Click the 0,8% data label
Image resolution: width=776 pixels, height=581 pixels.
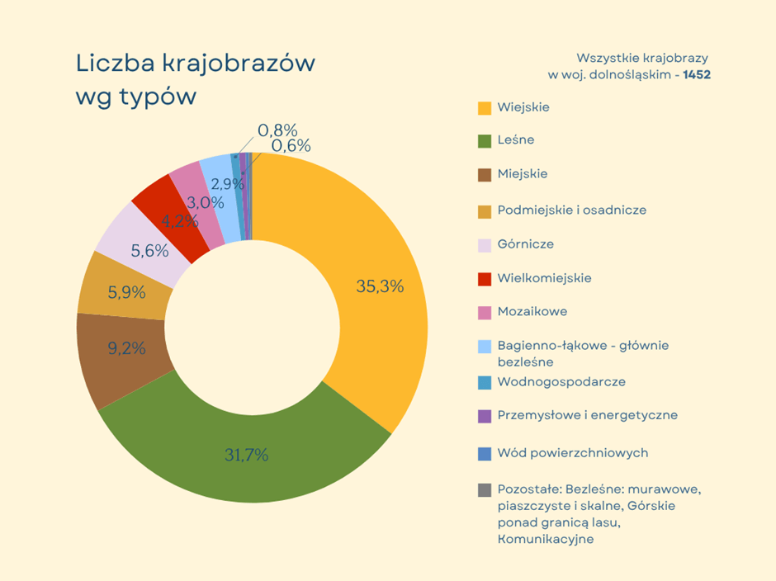tap(277, 130)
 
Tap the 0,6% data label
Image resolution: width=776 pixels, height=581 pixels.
tap(291, 146)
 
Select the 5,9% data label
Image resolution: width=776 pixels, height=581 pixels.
tap(126, 292)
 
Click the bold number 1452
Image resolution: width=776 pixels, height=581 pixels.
tap(697, 74)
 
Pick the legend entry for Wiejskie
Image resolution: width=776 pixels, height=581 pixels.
tap(523, 107)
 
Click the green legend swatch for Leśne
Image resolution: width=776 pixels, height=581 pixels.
tap(485, 141)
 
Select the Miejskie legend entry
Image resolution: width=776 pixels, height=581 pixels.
tap(522, 174)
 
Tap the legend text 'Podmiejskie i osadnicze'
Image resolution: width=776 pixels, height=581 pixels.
tap(571, 210)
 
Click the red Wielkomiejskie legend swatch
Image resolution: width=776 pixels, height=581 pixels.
tap(485, 279)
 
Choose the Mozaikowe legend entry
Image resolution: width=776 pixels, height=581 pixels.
tap(532, 312)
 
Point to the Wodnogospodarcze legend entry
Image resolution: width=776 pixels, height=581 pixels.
tap(561, 382)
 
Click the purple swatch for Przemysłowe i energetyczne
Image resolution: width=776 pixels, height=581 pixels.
tap(485, 416)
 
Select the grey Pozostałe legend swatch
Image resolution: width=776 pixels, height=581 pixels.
tap(485, 490)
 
